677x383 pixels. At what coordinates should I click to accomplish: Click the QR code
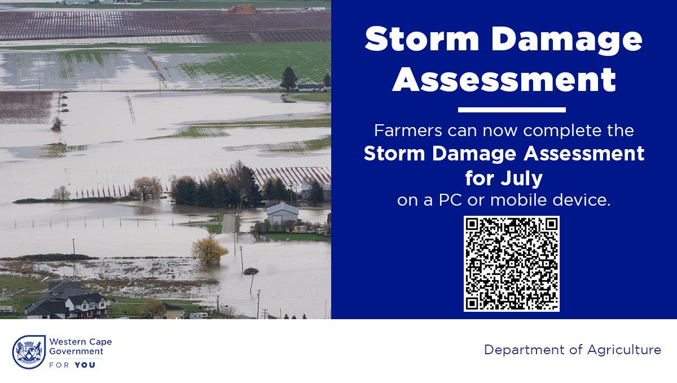pos(511,263)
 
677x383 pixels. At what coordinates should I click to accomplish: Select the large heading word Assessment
pos(504,79)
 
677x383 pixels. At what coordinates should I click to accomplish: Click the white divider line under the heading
pos(512,110)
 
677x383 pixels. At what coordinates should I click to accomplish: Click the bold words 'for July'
pos(504,179)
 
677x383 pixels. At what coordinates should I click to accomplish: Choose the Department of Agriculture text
pos(572,350)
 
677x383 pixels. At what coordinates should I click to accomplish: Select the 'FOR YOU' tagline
pos(72,365)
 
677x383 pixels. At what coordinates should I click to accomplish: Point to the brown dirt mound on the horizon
pos(244,9)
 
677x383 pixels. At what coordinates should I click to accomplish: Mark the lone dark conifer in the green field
pos(288,79)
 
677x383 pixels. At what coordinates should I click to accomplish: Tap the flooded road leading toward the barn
pos(228,224)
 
